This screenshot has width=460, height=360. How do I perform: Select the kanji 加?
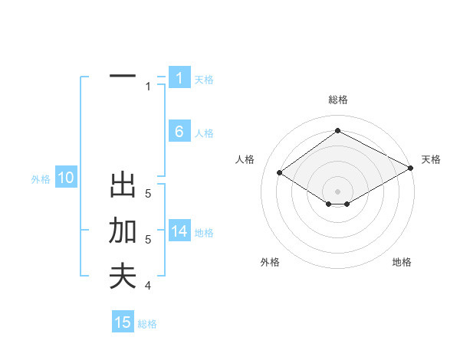123,231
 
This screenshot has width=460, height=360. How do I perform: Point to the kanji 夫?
123,277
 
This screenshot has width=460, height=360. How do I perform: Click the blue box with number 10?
65,178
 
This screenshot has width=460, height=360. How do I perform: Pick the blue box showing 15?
123,322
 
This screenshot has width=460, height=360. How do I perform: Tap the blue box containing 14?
179,232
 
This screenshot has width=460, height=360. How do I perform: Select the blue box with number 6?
179,132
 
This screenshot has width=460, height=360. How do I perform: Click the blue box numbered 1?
179,78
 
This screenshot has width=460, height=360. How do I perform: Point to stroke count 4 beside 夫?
148,286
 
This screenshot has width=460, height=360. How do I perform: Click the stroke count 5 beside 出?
148,194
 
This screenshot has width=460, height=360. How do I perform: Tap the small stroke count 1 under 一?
148,87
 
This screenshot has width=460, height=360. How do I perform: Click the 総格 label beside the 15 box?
147,324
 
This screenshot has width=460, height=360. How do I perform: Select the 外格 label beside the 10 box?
41,179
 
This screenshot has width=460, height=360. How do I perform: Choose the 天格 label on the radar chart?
431,159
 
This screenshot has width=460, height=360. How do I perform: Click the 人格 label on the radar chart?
245,159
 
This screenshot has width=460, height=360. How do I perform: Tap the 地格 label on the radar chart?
402,262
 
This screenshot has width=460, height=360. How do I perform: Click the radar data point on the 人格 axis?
280,172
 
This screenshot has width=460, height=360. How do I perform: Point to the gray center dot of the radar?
337,191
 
